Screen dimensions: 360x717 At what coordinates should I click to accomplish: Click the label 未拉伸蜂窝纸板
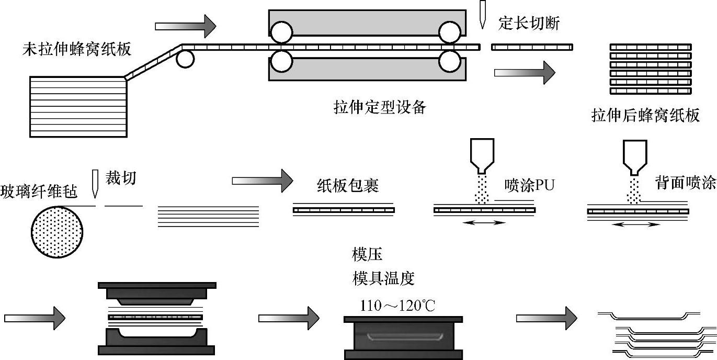(77, 50)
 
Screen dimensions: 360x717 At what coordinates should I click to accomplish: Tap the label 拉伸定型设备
(380, 108)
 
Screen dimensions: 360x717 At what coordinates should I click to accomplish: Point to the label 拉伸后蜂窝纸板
(645, 116)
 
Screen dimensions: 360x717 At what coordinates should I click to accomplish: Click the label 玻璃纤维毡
(39, 192)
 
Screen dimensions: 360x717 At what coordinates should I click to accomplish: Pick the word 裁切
(121, 178)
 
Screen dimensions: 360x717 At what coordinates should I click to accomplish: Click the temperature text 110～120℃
(397, 305)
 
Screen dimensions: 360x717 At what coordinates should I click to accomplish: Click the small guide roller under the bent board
(185, 59)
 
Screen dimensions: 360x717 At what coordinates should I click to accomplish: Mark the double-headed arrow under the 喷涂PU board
(485, 223)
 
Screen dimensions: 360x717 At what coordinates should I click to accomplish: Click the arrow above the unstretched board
(186, 24)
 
